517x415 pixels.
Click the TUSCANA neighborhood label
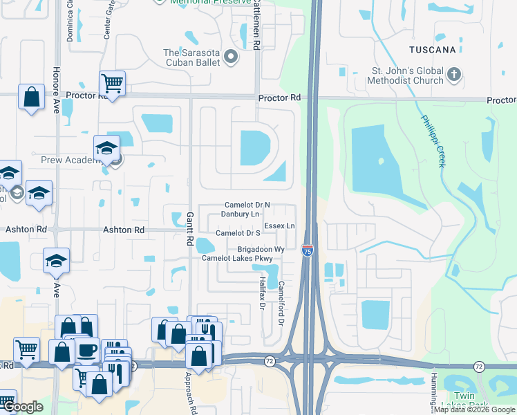pyautogui.click(x=432, y=50)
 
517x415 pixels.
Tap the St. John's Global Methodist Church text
pyautogui.click(x=406, y=76)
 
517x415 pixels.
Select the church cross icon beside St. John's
pyautogui.click(x=453, y=74)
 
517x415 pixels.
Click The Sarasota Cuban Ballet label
pyautogui.click(x=191, y=57)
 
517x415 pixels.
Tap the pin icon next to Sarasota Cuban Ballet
pyautogui.click(x=231, y=57)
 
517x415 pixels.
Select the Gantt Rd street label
pyautogui.click(x=189, y=230)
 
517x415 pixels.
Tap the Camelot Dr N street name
pyautogui.click(x=247, y=205)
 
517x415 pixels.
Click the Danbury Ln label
pyautogui.click(x=240, y=214)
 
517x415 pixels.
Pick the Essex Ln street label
pyautogui.click(x=279, y=226)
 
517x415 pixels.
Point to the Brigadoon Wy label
pyautogui.click(x=261, y=249)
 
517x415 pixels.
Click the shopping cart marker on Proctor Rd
pyautogui.click(x=112, y=84)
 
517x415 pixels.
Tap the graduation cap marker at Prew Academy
pyautogui.click(x=107, y=148)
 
